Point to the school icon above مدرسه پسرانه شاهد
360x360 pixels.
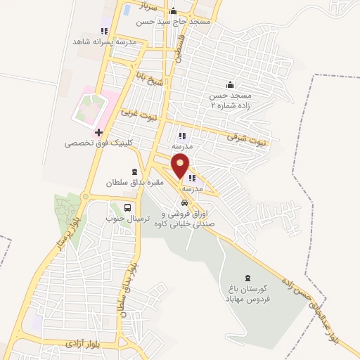[x=104, y=31]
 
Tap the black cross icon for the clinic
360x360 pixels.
[x=98, y=132]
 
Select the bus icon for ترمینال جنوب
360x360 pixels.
[x=128, y=207]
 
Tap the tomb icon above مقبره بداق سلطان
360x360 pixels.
[x=134, y=172]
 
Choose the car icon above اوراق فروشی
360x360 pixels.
[x=184, y=203]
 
